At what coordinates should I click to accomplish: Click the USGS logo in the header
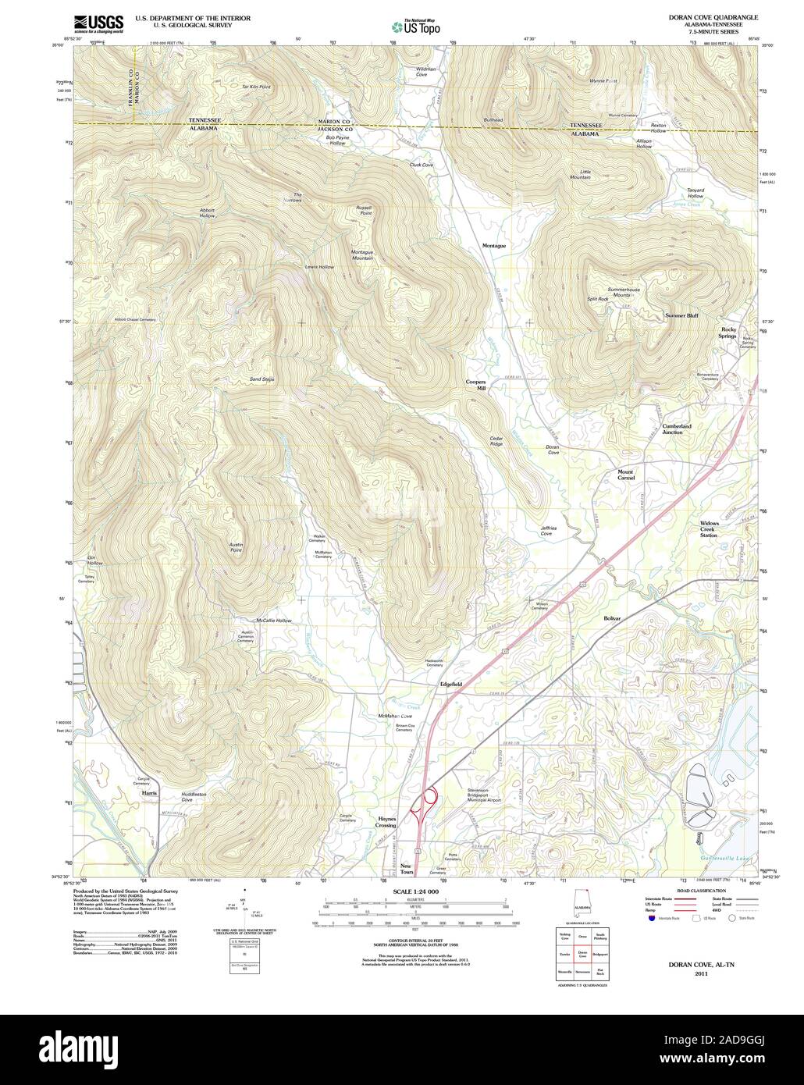tap(98, 23)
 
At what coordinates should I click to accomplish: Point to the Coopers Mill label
tap(476, 384)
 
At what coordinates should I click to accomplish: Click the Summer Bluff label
tap(681, 315)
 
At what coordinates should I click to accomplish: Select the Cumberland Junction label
tap(677, 429)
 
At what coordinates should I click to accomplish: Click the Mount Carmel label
tap(626, 475)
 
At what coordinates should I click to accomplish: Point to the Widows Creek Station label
tap(709, 529)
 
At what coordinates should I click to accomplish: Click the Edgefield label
tap(451, 684)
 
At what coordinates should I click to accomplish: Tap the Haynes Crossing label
tap(386, 822)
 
